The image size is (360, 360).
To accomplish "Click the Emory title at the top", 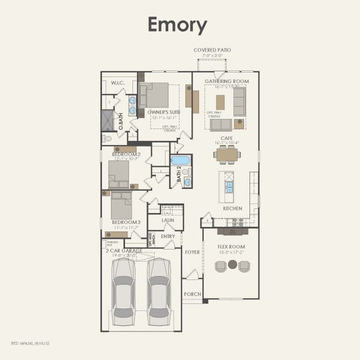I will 178,25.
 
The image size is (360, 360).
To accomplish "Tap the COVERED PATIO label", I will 212,50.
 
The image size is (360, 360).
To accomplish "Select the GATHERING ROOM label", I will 226,80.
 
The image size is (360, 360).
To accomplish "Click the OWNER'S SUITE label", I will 164,112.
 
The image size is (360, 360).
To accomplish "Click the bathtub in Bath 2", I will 181,160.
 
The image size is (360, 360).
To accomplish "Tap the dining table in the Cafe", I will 227,155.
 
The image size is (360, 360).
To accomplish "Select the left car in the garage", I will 124,287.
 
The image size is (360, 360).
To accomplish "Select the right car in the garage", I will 160,287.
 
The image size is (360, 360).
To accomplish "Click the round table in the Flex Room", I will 232,264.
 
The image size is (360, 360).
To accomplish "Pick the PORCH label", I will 192,294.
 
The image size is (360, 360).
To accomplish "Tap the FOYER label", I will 192,252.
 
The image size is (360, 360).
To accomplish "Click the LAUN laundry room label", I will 168,220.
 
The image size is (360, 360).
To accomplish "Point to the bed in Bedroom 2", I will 119,175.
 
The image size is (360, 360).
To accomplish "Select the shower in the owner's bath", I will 107,121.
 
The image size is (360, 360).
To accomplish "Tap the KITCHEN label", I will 232,208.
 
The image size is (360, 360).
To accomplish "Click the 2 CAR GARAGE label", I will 124,250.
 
